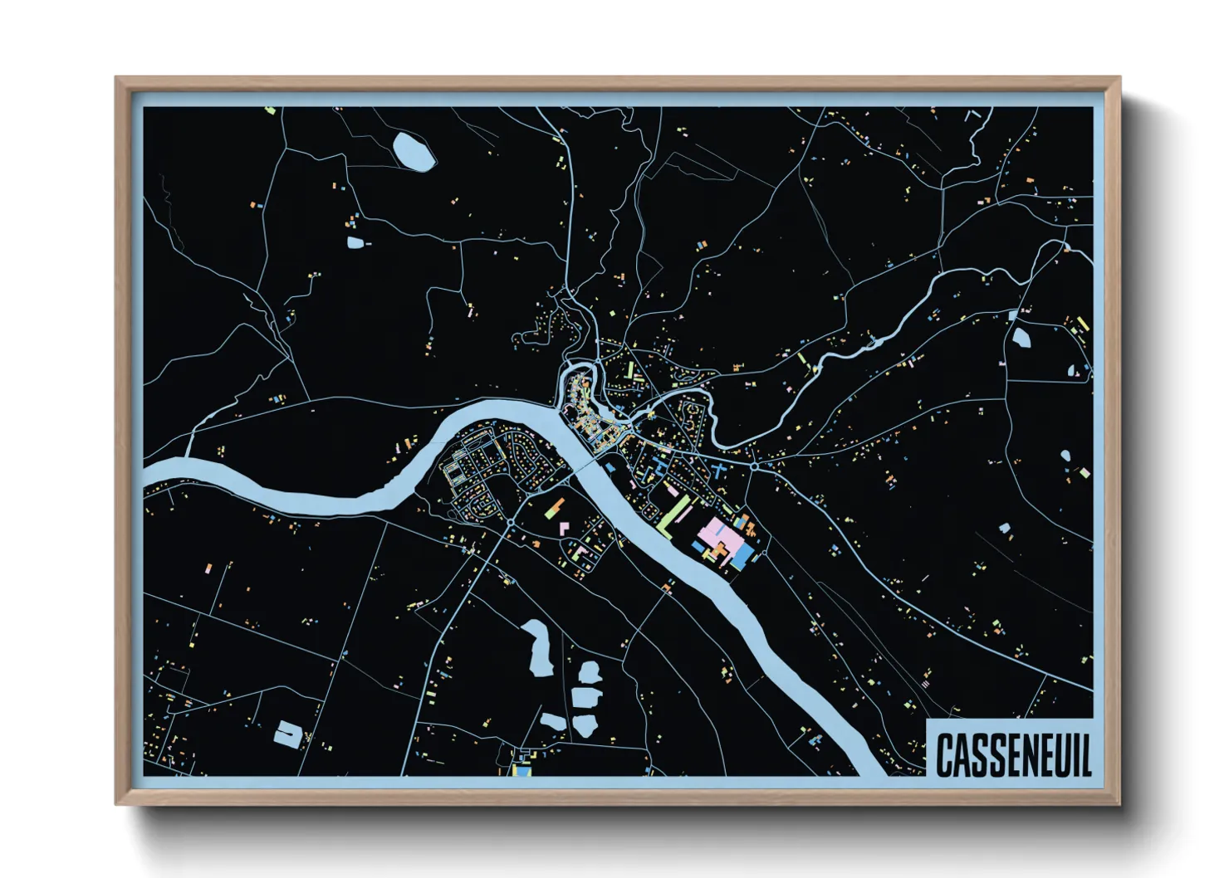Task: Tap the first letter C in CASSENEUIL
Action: (944, 754)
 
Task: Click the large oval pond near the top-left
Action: (414, 150)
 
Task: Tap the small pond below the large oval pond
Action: (355, 242)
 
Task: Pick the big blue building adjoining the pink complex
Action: (742, 554)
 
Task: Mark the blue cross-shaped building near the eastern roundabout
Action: (717, 471)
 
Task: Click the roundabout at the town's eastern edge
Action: (754, 466)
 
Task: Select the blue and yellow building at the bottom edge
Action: (521, 768)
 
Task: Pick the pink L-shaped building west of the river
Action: (564, 529)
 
